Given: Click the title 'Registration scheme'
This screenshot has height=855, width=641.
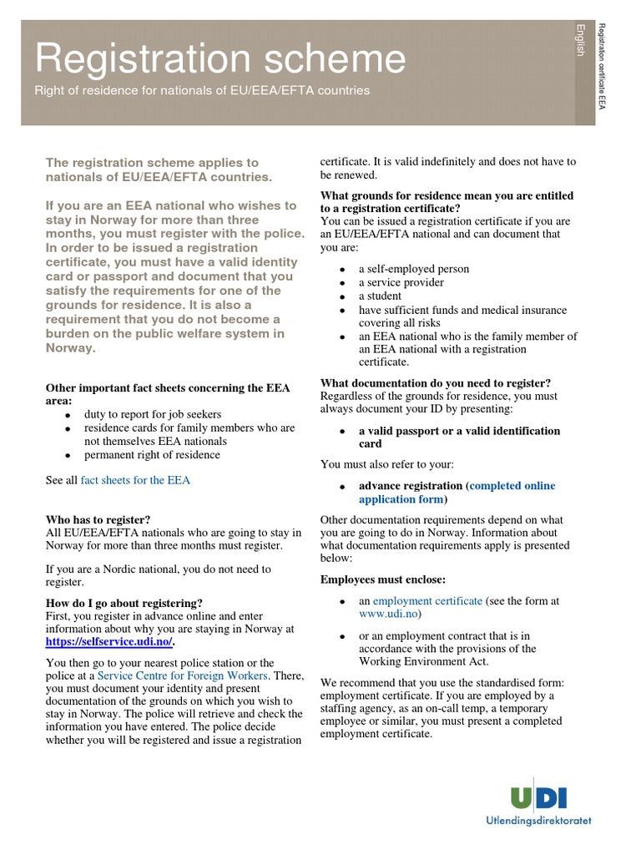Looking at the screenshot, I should tap(220, 59).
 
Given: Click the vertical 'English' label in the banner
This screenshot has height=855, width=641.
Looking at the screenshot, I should tap(580, 40).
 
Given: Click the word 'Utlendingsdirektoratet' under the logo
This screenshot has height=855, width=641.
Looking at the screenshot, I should tap(538, 821).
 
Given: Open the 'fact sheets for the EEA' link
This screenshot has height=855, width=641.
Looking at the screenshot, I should tap(135, 480).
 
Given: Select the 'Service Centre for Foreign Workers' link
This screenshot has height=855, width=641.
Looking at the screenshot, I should tap(183, 675).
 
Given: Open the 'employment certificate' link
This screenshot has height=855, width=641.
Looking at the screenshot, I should tap(427, 600).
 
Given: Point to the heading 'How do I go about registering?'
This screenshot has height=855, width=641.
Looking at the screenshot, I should tap(124, 603).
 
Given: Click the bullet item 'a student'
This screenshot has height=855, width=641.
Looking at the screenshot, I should tap(380, 296).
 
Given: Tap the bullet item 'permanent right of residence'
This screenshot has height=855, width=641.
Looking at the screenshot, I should tap(152, 455).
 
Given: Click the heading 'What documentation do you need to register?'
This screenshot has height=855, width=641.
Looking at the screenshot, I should tap(436, 383).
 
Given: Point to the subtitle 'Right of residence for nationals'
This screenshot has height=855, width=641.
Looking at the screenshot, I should tap(201, 90).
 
